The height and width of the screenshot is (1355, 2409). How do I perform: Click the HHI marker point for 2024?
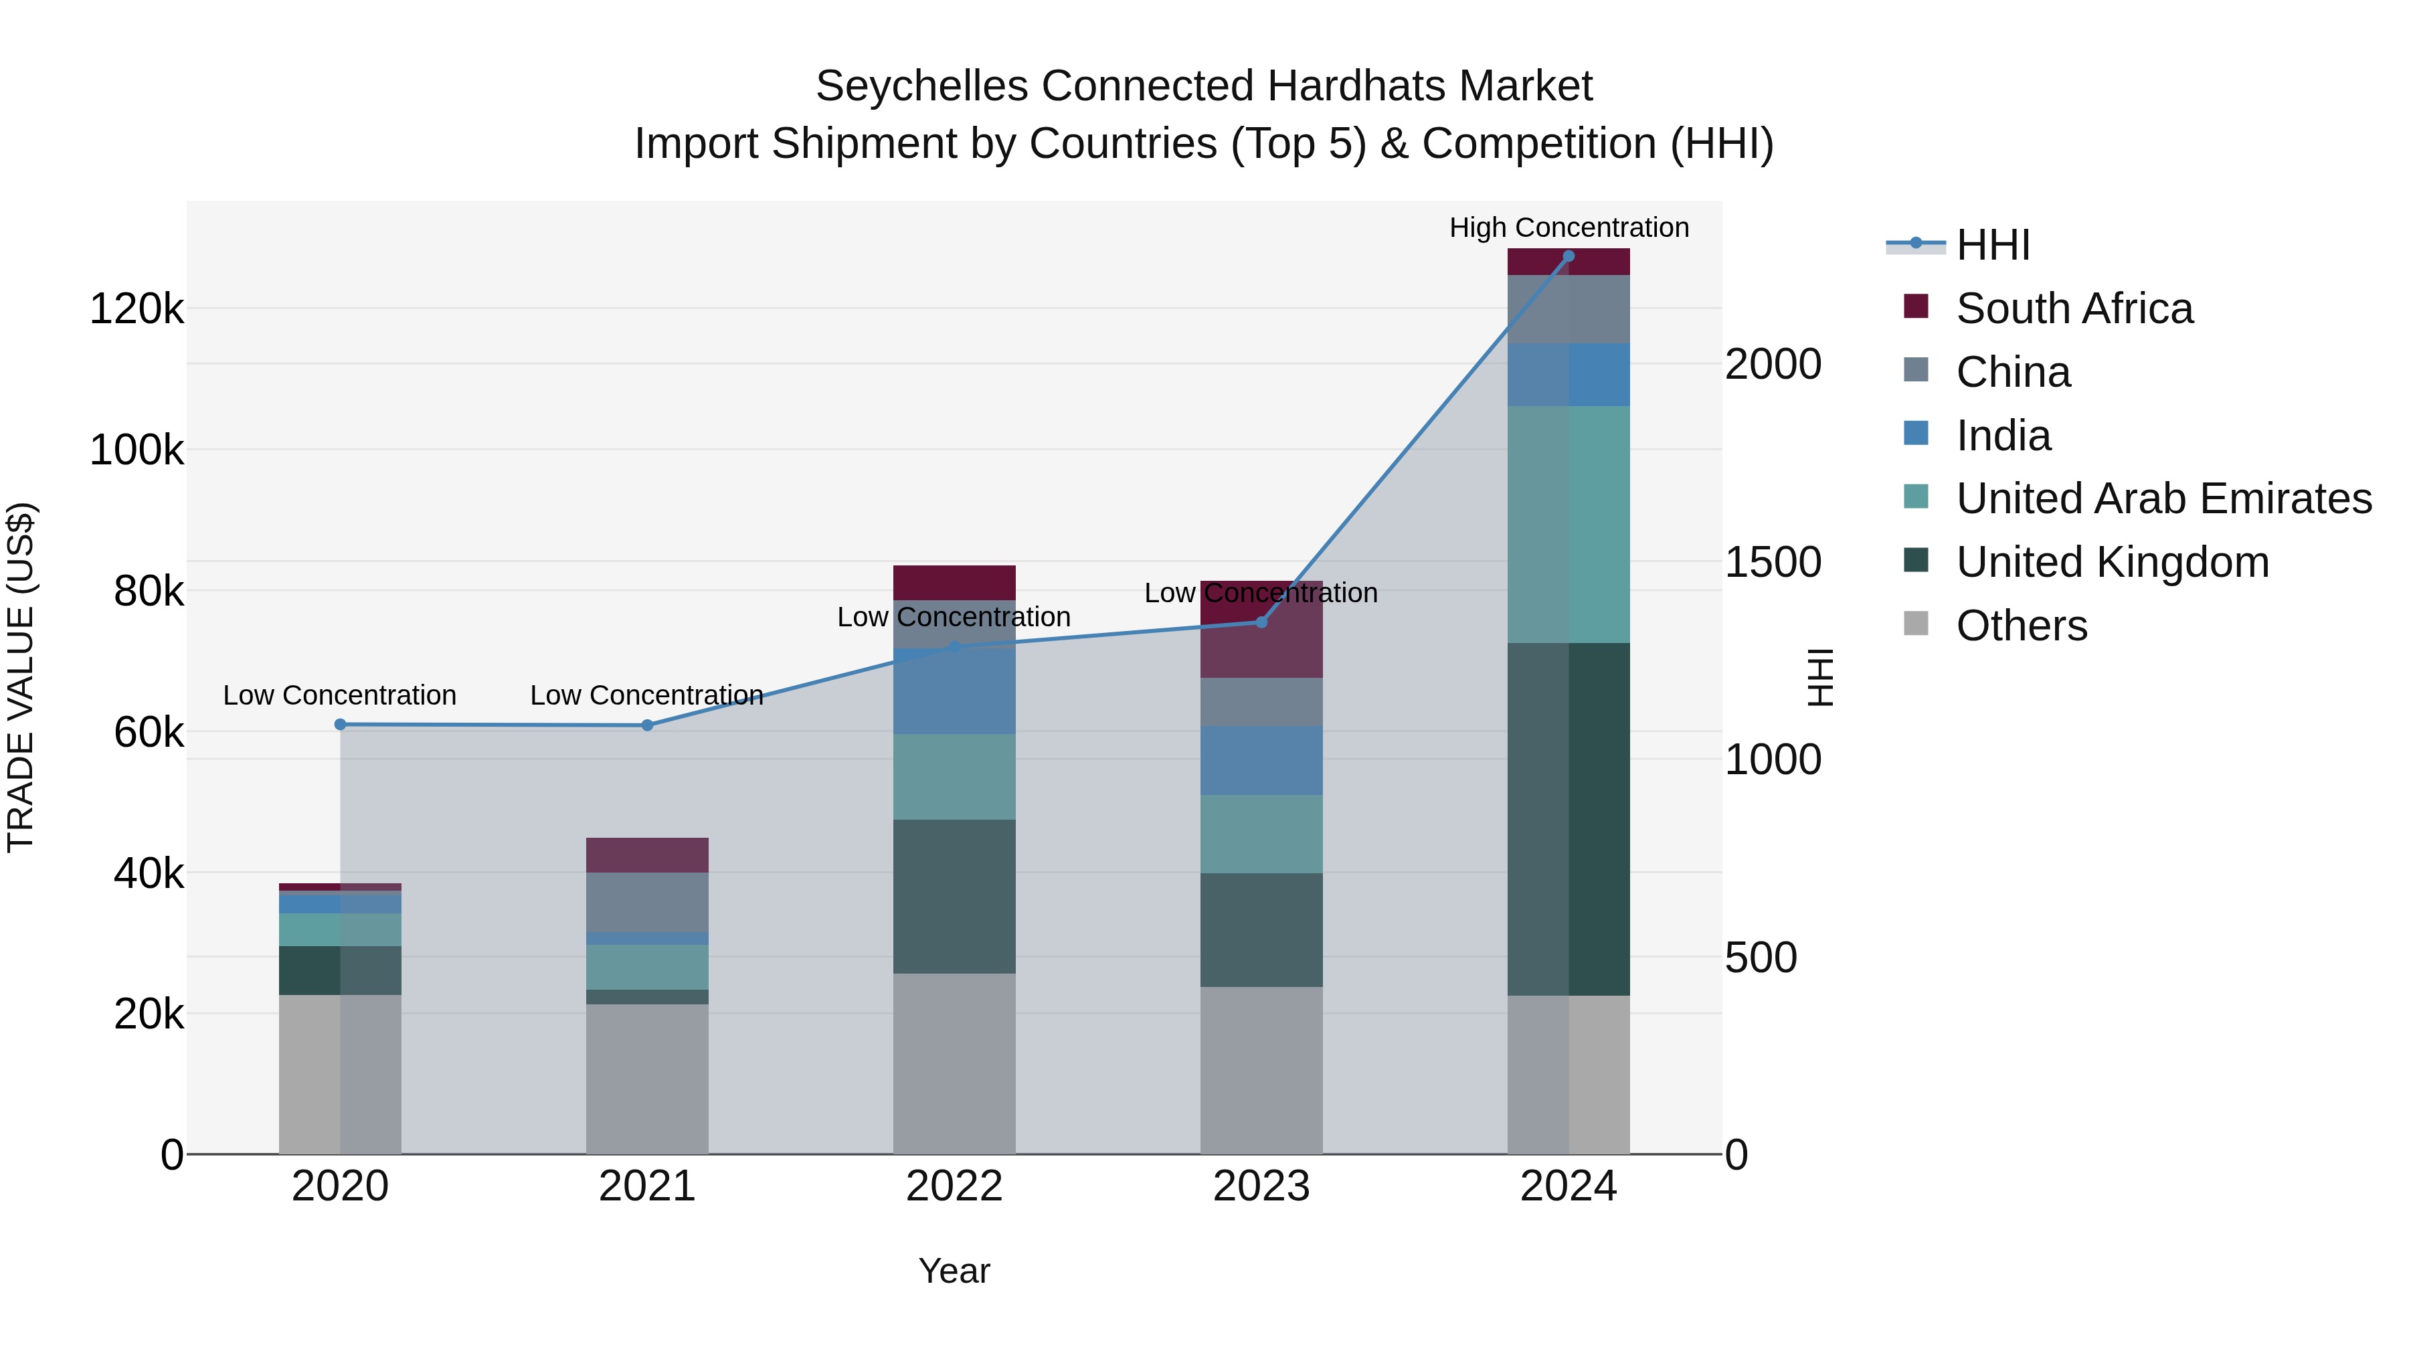point(1569,256)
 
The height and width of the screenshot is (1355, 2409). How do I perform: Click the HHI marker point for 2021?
point(647,725)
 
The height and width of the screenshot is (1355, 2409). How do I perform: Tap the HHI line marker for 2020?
point(341,725)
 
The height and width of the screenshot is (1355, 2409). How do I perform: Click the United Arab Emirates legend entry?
point(2163,499)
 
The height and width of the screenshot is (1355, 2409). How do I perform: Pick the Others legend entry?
point(2021,626)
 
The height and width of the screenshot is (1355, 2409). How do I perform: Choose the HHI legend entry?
point(1992,245)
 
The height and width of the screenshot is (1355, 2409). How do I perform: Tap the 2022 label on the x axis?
point(954,1186)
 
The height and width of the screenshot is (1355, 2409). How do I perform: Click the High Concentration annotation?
point(1569,228)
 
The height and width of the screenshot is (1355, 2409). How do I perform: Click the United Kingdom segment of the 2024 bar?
point(1569,818)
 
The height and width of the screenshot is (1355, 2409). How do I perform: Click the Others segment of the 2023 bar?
point(1261,1070)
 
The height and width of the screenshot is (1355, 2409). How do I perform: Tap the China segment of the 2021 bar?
point(647,901)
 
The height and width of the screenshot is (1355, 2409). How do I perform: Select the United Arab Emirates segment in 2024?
point(1569,524)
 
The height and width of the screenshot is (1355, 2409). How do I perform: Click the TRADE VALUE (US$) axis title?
point(21,677)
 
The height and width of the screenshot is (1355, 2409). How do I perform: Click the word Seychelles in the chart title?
point(921,86)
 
